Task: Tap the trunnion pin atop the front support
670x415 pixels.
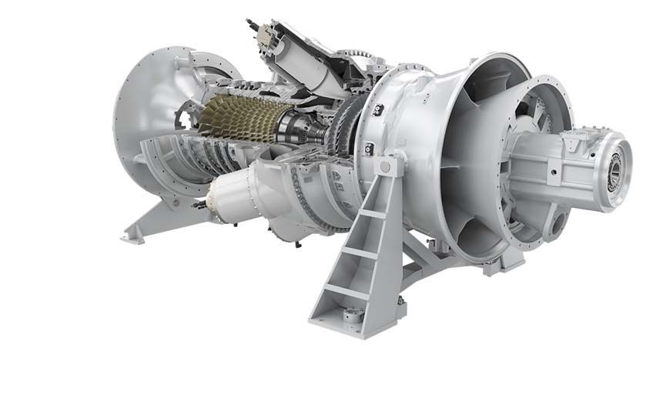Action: (x=384, y=166)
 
